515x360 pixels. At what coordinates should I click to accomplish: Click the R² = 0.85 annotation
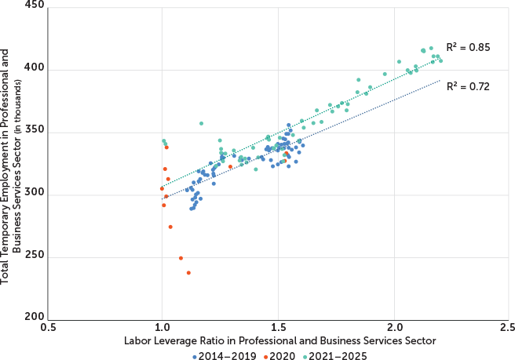(x=468, y=48)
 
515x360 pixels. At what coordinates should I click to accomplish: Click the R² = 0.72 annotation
(x=468, y=86)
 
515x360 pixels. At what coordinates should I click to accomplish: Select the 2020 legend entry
(x=279, y=355)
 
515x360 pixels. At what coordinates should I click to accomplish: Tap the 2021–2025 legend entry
(x=337, y=355)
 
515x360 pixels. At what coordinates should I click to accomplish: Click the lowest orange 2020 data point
(x=188, y=273)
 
